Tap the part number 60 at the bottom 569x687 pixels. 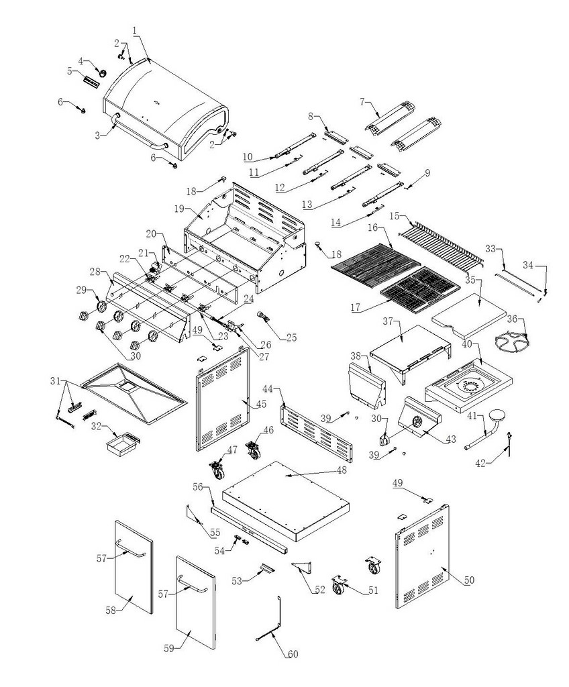[293, 653]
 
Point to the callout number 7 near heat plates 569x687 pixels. [362, 101]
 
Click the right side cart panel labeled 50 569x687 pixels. [424, 557]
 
